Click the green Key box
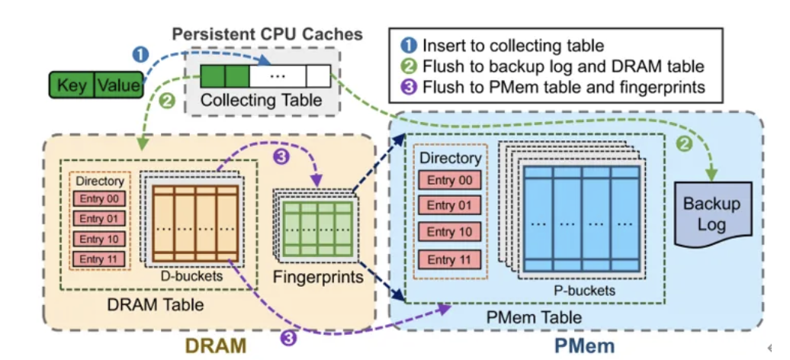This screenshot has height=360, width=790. point(72,85)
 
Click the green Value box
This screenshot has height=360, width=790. point(118,85)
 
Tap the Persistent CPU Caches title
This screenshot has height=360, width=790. point(267,34)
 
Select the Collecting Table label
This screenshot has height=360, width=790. point(261,100)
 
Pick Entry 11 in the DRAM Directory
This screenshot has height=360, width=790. point(99,259)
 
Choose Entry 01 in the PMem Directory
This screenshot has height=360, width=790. point(451,205)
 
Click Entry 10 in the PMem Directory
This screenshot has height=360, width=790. point(451,232)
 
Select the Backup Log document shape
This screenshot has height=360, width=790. point(711,214)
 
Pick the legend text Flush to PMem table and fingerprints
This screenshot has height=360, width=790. point(564,86)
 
